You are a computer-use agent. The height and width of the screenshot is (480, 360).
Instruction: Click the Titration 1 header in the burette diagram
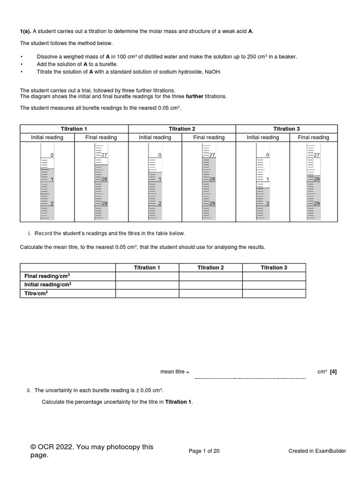74,129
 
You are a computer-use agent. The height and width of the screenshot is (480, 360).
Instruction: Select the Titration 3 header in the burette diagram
286,129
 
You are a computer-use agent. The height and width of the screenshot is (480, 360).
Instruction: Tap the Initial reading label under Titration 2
155,137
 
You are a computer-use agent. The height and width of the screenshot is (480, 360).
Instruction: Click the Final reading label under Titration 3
313,137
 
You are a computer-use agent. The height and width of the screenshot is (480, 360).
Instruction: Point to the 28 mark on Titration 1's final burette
105,180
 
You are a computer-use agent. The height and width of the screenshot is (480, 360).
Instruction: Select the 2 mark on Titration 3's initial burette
267,203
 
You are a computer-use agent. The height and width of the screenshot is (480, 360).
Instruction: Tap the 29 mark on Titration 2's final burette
212,203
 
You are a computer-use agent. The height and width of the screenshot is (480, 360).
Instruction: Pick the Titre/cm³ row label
37,293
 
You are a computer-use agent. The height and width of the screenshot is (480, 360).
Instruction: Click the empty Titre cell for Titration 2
210,293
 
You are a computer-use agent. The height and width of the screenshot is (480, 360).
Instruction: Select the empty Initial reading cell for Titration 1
147,285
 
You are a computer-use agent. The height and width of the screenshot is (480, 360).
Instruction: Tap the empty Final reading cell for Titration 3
274,276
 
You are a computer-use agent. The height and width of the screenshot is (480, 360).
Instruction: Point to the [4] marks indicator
333,372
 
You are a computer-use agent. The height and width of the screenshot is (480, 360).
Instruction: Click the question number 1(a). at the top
25,31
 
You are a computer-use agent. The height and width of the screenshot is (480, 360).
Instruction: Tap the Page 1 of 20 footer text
204,451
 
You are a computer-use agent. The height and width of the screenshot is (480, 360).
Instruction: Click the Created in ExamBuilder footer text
317,451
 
